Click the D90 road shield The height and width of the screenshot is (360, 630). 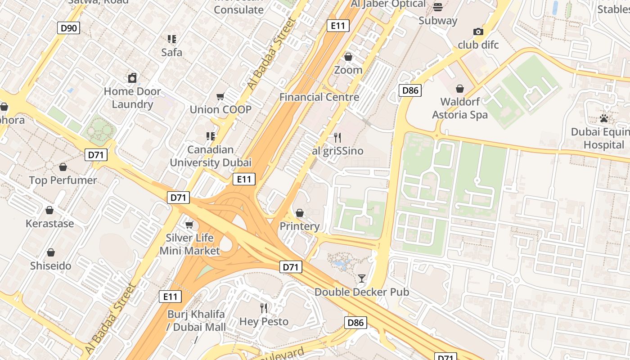click(69, 28)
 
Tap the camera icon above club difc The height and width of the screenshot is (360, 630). click(478, 31)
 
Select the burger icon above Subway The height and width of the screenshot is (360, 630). click(437, 7)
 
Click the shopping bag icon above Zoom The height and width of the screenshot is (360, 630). click(348, 57)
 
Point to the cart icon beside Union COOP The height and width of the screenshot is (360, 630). click(220, 96)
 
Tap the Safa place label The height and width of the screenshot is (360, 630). click(172, 52)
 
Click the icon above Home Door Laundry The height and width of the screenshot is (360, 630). click(132, 78)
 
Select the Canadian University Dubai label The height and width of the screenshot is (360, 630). click(211, 156)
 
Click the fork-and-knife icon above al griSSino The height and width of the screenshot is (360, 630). click(337, 137)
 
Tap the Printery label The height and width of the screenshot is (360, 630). click(300, 226)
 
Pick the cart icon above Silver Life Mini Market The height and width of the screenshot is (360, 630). click(189, 224)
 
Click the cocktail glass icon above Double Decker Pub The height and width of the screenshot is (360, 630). click(361, 279)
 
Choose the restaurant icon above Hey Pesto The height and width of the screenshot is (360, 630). click(264, 308)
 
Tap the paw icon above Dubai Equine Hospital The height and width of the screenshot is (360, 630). click(603, 118)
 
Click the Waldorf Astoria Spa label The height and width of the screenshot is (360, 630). click(460, 108)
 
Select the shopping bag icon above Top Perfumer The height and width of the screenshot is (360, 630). click(63, 167)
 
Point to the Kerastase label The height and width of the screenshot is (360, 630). click(49, 223)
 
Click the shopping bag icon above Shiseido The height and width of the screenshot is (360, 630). click(51, 252)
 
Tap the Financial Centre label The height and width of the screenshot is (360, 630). click(319, 97)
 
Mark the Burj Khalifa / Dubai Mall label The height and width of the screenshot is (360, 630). click(197, 320)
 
